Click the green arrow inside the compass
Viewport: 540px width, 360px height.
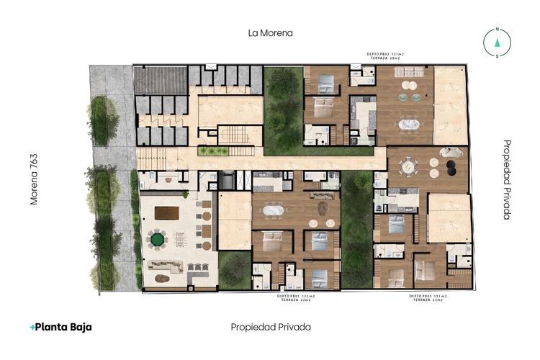coord(496,42)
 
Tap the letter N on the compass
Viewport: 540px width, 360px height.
coord(496,30)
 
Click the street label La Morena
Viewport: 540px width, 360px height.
coord(270,33)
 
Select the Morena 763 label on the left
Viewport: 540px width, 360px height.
coord(33,179)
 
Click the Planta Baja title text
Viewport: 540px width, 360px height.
coord(61,327)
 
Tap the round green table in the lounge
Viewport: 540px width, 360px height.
coord(157,238)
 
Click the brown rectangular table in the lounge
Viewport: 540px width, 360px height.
coord(166,212)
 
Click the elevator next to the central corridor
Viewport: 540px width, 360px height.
coord(227,181)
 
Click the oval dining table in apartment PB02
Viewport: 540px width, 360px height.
coord(413,124)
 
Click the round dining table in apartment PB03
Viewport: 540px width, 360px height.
coord(408,166)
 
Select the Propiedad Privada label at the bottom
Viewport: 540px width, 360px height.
coord(271,327)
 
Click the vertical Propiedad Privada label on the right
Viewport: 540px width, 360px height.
coord(507,179)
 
